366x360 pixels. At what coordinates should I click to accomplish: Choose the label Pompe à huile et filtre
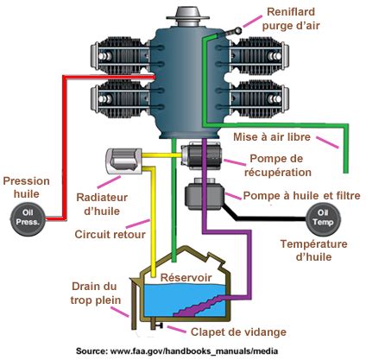click(x=297, y=197)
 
